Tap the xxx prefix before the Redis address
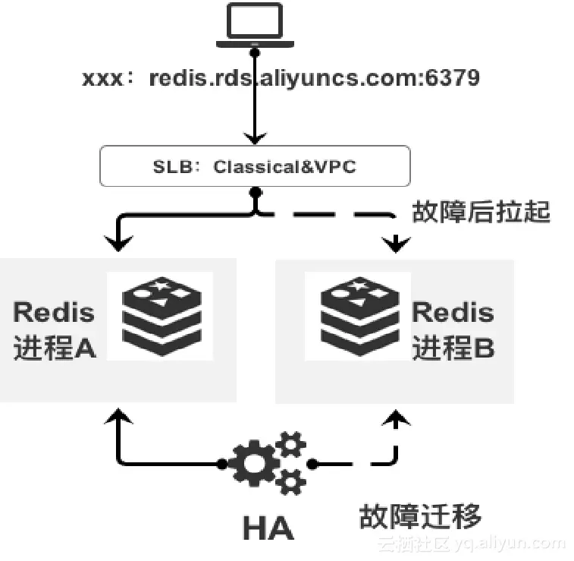(x=104, y=79)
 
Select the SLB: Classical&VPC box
(x=255, y=165)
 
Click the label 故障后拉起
(x=480, y=212)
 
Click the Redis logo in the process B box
(x=357, y=315)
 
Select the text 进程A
(x=55, y=348)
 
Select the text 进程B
(x=453, y=348)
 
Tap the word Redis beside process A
(x=54, y=312)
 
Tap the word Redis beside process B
(x=453, y=312)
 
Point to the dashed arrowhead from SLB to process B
(x=396, y=244)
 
